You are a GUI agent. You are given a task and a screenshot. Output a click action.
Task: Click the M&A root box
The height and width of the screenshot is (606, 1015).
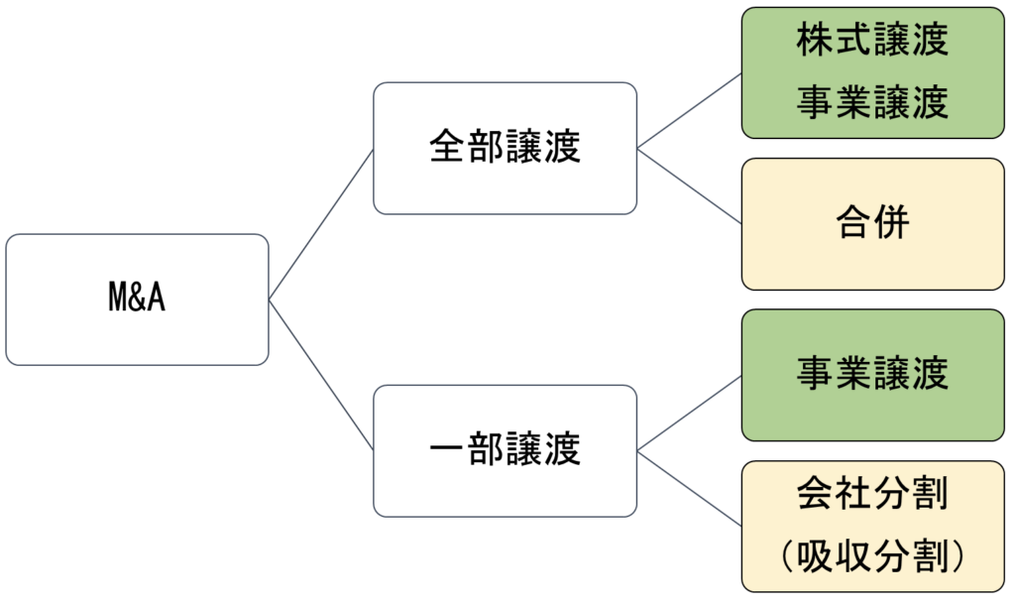(x=137, y=300)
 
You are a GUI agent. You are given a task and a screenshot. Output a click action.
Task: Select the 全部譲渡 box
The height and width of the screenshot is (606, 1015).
(x=505, y=148)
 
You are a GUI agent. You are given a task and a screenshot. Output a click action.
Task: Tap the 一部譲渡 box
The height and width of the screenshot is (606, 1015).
(x=505, y=450)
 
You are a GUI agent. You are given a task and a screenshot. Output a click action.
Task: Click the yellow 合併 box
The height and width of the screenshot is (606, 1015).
(x=873, y=224)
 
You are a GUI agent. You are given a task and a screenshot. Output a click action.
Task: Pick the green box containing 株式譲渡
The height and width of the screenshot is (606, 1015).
(x=873, y=72)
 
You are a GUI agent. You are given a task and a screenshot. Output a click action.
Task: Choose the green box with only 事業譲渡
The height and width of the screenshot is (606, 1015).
(x=873, y=375)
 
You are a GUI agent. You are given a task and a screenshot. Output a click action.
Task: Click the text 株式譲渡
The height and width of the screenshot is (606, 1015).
(x=873, y=41)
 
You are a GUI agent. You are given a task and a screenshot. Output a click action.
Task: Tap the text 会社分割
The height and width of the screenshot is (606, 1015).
(x=873, y=494)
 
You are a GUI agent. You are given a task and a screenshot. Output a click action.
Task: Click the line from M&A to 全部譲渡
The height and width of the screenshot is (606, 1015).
(x=321, y=224)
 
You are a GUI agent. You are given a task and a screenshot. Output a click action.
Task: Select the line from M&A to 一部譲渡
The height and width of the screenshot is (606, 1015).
(x=321, y=375)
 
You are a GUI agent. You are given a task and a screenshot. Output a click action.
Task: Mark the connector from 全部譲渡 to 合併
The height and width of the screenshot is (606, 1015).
(x=690, y=187)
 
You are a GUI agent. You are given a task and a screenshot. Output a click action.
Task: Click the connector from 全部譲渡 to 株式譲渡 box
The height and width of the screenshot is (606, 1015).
(x=690, y=111)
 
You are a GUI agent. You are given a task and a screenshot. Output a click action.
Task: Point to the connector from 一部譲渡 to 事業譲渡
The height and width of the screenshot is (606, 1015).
(x=690, y=414)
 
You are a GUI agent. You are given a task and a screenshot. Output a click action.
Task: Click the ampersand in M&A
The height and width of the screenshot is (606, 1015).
(x=137, y=300)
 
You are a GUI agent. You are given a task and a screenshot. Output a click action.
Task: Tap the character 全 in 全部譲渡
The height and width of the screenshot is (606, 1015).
(x=447, y=148)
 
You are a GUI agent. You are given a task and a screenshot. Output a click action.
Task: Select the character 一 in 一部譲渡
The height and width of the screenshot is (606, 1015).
(x=447, y=450)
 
